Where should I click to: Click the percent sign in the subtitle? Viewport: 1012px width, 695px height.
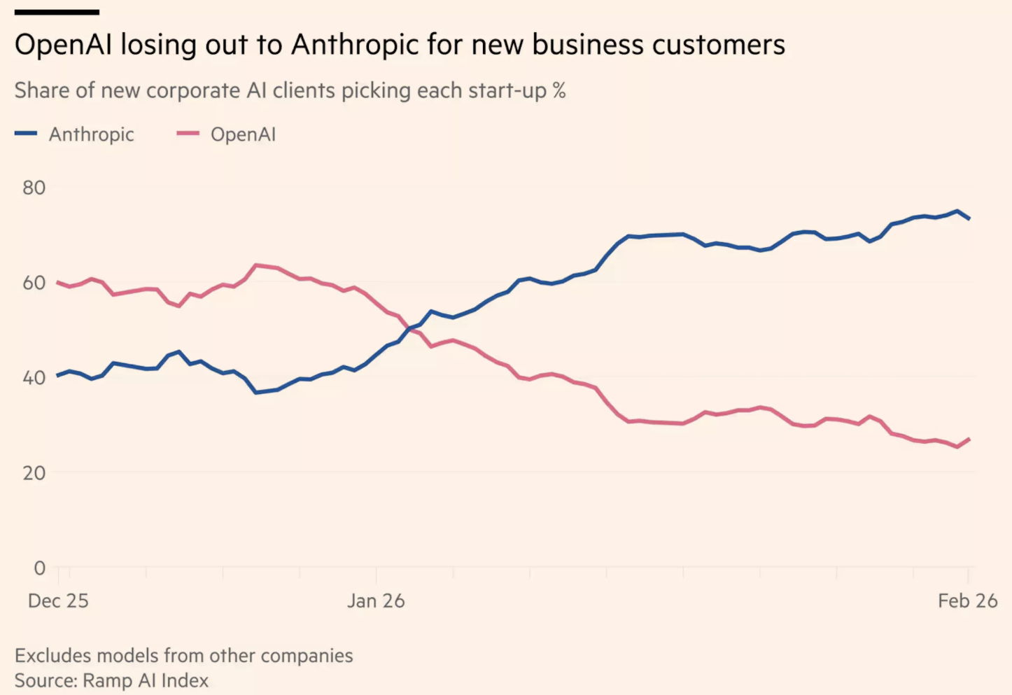point(558,90)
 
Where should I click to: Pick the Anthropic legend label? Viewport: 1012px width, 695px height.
point(91,134)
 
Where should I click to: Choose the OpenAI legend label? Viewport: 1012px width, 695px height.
point(243,134)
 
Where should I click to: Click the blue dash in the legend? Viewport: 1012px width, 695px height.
point(26,133)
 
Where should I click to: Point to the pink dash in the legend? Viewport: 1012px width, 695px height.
point(188,133)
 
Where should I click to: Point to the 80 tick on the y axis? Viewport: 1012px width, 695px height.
point(34,188)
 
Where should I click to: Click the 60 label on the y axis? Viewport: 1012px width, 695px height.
point(34,283)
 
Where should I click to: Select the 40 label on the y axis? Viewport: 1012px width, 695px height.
point(34,378)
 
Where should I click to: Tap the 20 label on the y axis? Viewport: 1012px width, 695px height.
point(34,473)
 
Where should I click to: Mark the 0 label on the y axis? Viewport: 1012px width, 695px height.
point(39,568)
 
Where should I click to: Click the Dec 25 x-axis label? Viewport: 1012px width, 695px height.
point(58,601)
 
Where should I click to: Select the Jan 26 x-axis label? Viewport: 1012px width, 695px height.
point(376,601)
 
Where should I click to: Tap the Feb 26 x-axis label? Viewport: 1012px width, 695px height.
point(967,601)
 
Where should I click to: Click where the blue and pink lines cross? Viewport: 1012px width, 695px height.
point(412,328)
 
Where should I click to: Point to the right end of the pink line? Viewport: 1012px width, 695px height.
point(969,439)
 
